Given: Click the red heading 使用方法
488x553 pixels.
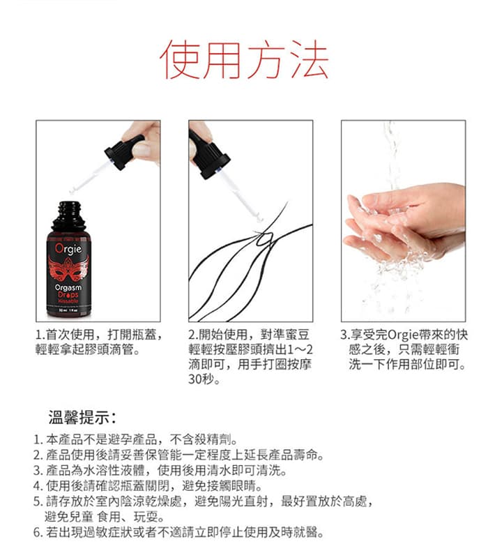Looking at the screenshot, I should click(244, 59).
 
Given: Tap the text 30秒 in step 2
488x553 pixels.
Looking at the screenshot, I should click(204, 380).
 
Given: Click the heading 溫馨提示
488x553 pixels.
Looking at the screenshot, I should click(82, 419).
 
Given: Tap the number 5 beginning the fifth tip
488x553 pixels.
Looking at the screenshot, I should click(37, 501).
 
